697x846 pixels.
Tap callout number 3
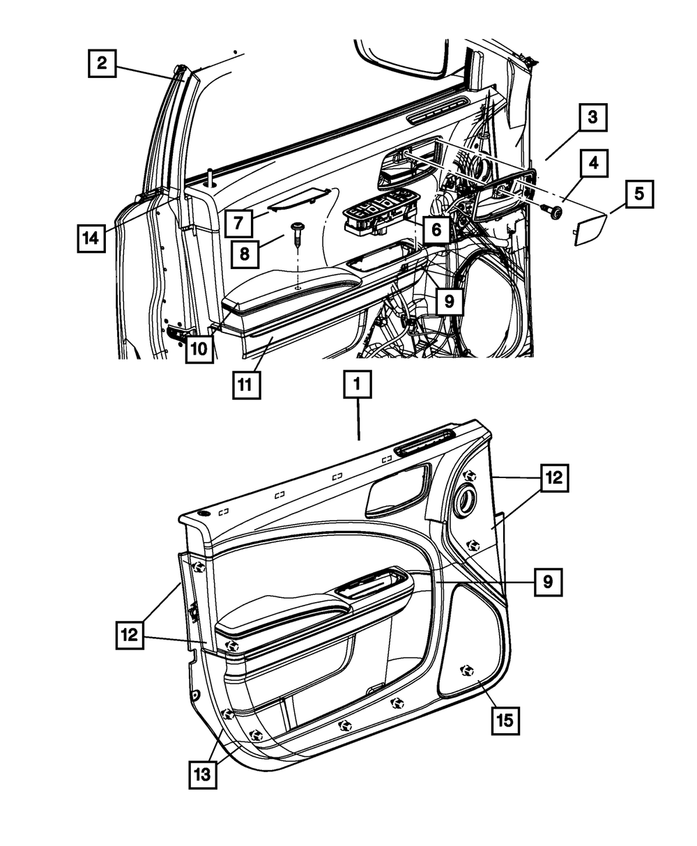(592, 117)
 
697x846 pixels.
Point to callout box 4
(592, 164)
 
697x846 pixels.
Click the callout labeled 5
(638, 194)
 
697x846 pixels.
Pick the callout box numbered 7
(238, 223)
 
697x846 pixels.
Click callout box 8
(245, 254)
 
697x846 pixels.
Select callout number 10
(199, 348)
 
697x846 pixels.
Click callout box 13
(202, 774)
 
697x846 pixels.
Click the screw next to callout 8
(297, 232)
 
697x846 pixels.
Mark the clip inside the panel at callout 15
(466, 670)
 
